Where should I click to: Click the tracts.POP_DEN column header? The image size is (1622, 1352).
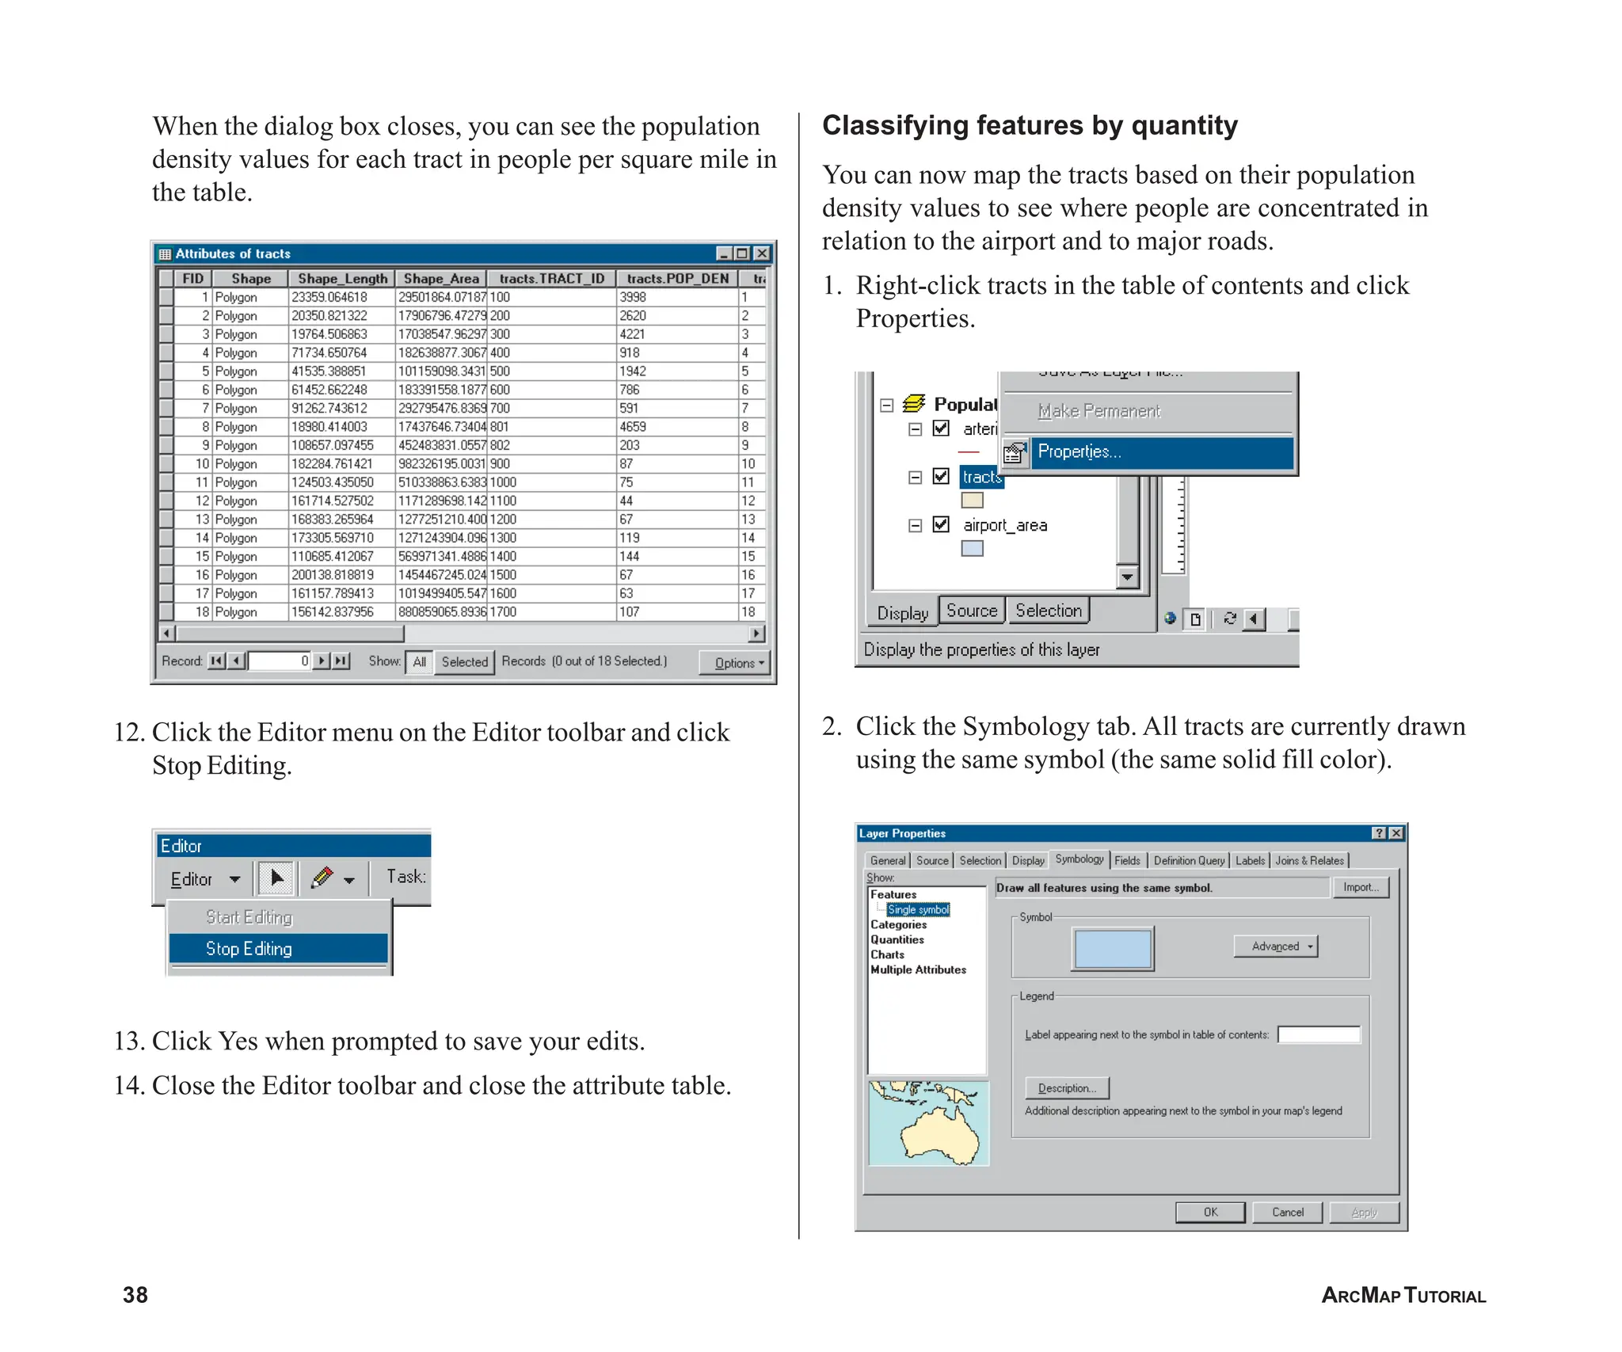[x=677, y=278]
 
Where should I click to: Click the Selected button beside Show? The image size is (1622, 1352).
[x=464, y=661]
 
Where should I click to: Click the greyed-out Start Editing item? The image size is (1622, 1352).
[x=249, y=916]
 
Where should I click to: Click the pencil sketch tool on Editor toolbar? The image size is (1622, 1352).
[x=322, y=878]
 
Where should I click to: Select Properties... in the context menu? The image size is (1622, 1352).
[x=1079, y=451]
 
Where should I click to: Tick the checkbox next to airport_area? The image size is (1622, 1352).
[x=941, y=524]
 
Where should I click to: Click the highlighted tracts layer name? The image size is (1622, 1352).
[x=982, y=477]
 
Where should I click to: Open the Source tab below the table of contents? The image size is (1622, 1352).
[x=972, y=611]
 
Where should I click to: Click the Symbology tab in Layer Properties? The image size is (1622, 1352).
[x=1079, y=859]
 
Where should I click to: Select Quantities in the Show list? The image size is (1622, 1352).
[x=897, y=939]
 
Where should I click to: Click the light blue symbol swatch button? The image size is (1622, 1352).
[x=1112, y=948]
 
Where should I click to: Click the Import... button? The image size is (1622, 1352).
[x=1360, y=887]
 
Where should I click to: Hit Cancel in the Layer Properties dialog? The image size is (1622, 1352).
[x=1287, y=1212]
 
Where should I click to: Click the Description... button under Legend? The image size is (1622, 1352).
[x=1067, y=1087]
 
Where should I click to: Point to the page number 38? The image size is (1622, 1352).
[x=135, y=1294]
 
